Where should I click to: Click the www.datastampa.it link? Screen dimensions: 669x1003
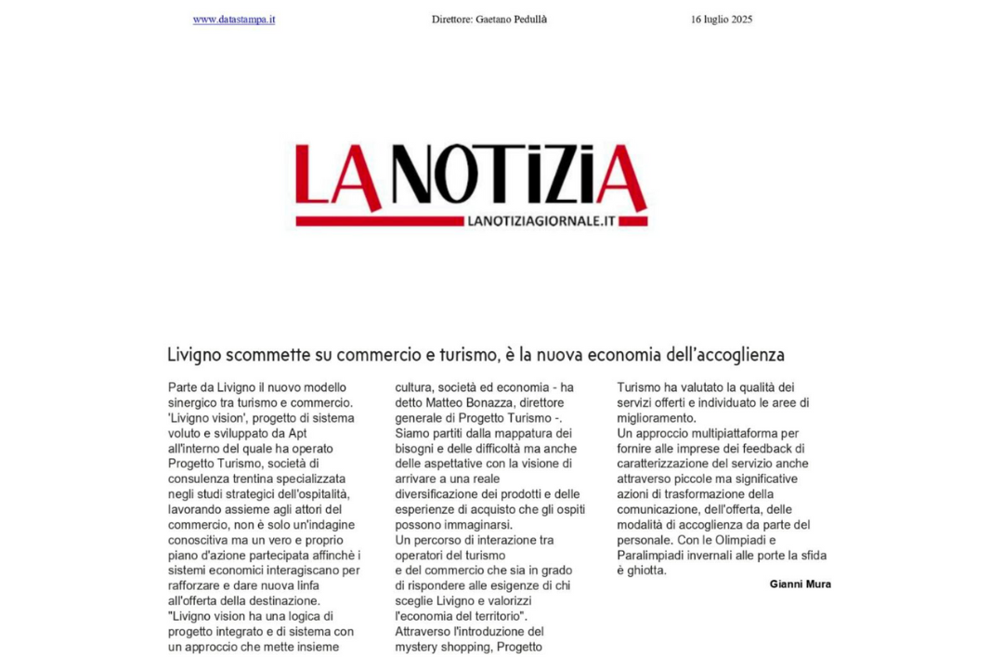pos(234,20)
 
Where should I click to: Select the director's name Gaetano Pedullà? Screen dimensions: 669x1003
pos(511,20)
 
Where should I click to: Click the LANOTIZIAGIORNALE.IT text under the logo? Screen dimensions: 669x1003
pos(542,221)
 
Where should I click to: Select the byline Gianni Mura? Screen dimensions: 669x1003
pos(800,584)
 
